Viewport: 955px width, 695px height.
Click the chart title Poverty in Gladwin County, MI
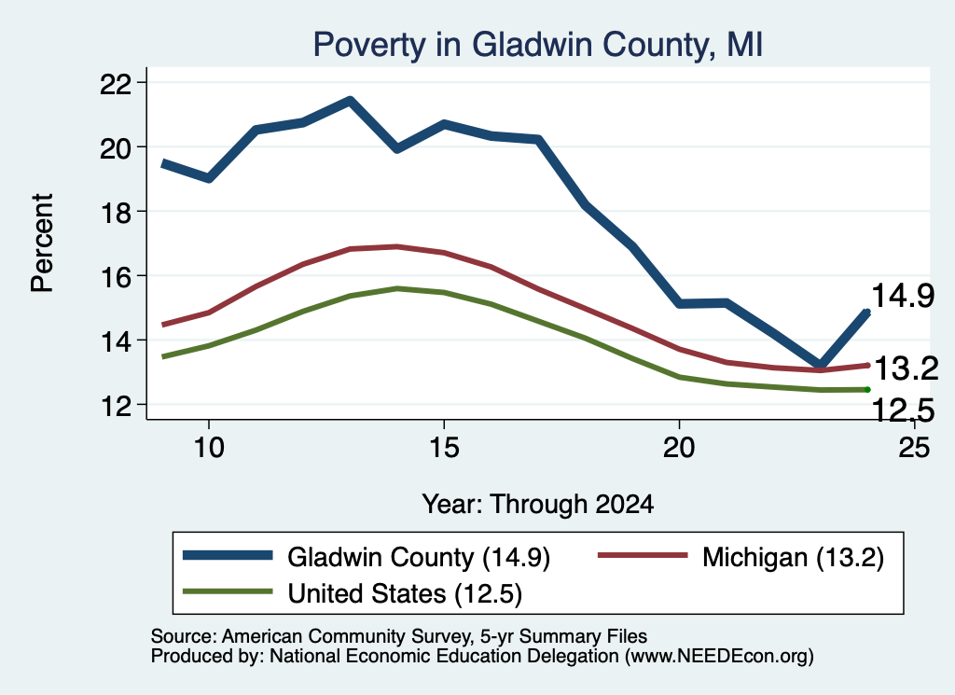pos(538,45)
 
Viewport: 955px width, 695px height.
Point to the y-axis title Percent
pos(42,243)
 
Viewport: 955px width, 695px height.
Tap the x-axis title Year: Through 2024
pos(538,505)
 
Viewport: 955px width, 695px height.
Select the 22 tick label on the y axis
pos(115,83)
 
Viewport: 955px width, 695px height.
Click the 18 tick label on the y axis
pos(115,212)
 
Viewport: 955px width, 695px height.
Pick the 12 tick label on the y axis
pos(115,406)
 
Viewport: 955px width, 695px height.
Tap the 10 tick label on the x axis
pos(209,448)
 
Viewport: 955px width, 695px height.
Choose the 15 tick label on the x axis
pos(444,448)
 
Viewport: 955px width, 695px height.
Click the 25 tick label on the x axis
pos(914,448)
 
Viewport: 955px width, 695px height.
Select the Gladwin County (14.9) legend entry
pos(367,557)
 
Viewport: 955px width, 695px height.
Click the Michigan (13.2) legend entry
pos(740,557)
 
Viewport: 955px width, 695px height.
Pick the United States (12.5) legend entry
pos(353,593)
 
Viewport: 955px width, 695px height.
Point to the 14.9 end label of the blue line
pos(903,296)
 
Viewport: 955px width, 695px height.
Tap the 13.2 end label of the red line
pos(907,368)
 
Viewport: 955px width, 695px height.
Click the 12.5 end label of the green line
pos(903,410)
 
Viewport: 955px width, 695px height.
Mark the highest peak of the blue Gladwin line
pos(350,100)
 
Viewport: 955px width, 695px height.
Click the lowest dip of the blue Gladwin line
pos(820,365)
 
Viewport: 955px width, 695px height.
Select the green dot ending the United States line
pos(867,390)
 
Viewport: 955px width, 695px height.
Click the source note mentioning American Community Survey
pos(399,636)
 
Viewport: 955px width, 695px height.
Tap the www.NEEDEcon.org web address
pos(719,656)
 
